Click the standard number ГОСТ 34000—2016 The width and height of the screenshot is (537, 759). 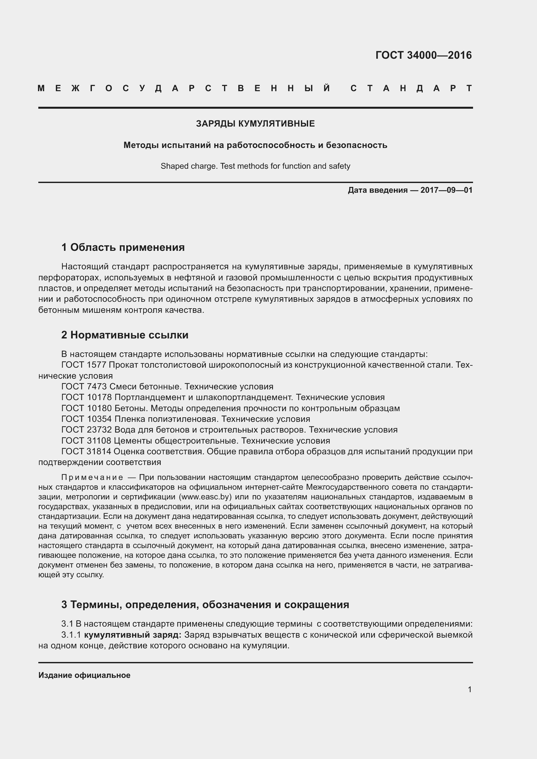click(x=423, y=55)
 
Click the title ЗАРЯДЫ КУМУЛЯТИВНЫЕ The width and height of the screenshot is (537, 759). click(x=255, y=124)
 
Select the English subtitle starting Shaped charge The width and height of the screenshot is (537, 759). click(x=255, y=166)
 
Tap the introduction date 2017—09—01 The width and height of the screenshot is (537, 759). click(x=446, y=190)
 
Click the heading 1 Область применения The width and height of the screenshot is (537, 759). click(x=123, y=247)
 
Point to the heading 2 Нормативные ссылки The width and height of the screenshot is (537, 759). click(x=125, y=335)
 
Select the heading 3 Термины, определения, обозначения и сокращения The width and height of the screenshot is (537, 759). click(x=205, y=604)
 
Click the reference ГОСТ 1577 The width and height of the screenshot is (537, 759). click(x=84, y=365)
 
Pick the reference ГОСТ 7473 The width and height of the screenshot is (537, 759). click(x=84, y=386)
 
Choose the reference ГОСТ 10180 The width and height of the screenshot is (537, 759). click(x=87, y=408)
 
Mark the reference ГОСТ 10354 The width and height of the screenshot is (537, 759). click(x=87, y=419)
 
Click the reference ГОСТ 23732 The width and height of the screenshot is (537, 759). click(x=87, y=430)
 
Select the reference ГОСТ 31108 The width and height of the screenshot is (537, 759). click(x=87, y=441)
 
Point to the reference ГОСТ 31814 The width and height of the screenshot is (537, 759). click(x=87, y=451)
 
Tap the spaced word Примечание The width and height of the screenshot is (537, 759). click(x=92, y=477)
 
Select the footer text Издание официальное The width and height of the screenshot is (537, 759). click(x=84, y=675)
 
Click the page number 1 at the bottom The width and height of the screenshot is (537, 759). click(x=469, y=689)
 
